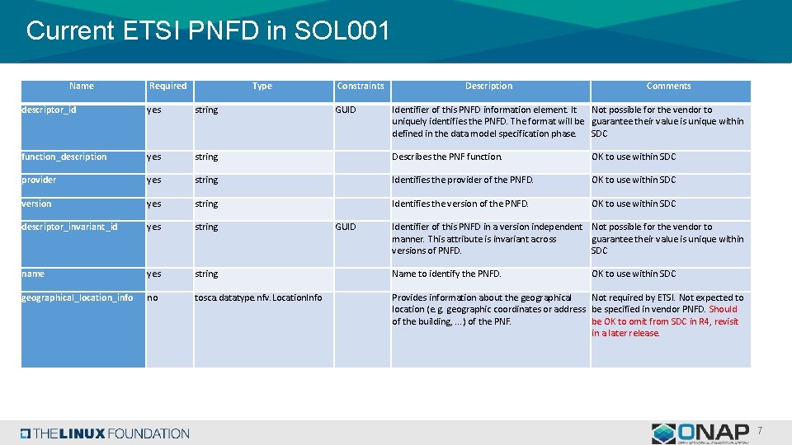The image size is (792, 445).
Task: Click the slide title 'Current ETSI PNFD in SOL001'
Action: (207, 31)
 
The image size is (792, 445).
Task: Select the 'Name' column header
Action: (82, 86)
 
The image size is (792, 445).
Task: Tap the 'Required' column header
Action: (167, 86)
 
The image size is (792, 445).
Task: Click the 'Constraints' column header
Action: (361, 86)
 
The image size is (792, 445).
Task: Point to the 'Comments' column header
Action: (668, 86)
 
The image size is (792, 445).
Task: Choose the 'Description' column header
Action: (488, 86)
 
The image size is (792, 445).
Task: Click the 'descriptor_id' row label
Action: (49, 110)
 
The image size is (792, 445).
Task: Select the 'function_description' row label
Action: (64, 157)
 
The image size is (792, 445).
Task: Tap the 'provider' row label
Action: (39, 180)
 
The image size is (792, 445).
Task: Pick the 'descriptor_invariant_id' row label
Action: (69, 227)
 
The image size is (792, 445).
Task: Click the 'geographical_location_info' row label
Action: (77, 297)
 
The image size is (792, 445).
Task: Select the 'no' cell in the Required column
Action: (153, 297)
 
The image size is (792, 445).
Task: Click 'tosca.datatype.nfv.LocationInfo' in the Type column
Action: (258, 297)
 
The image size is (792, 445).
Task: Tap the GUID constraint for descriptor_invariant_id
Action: (346, 227)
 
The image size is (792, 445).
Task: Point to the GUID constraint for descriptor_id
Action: (346, 110)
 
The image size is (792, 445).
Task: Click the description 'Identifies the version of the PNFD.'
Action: (460, 204)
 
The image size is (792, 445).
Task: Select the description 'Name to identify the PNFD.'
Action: (446, 274)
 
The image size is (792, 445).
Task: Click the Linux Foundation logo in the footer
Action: (105, 433)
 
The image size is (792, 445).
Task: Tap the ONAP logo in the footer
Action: (700, 433)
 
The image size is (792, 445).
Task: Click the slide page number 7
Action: (760, 431)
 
